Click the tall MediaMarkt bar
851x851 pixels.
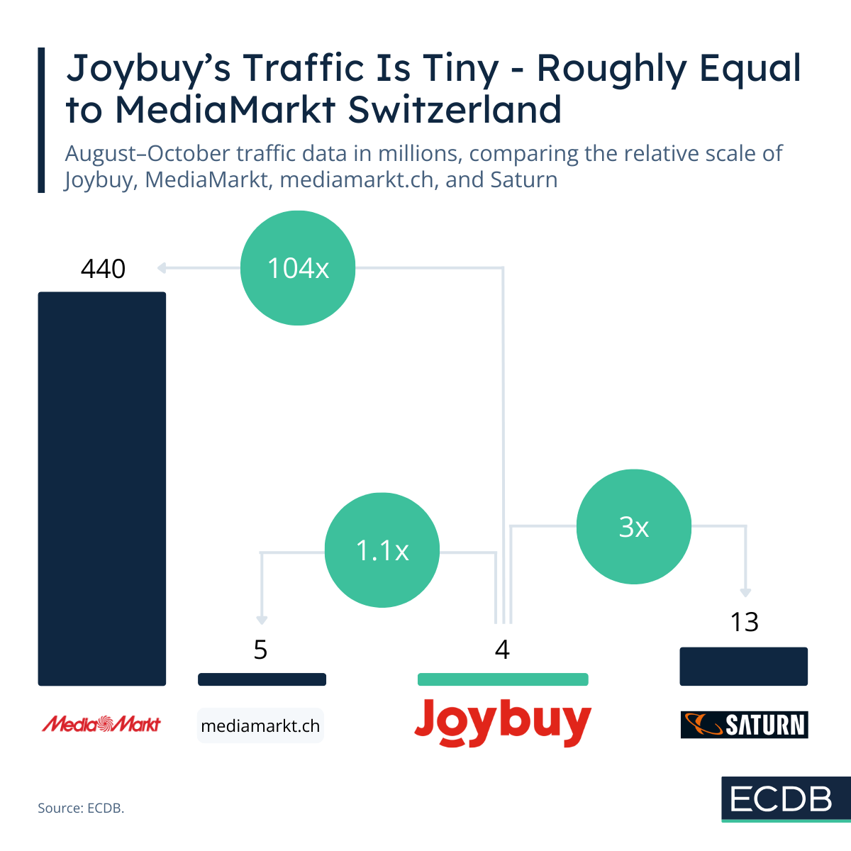tap(101, 489)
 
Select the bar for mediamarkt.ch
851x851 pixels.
tap(262, 679)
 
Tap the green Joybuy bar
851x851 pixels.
tap(503, 679)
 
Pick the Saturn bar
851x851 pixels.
tap(743, 666)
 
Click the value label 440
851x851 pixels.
tap(103, 269)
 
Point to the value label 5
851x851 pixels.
tap(261, 650)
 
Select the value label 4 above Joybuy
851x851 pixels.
tap(502, 650)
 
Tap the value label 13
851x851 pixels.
tap(744, 622)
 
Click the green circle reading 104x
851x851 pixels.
tap(298, 268)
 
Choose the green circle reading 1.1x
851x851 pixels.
tap(382, 550)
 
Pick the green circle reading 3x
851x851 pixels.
tap(633, 527)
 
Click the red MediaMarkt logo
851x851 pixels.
tap(101, 724)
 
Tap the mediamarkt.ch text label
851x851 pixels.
tap(260, 726)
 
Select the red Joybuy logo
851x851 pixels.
tap(502, 723)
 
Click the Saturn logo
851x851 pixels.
tap(744, 725)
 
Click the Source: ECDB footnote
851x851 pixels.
tap(81, 808)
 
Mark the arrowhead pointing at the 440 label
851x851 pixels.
tap(162, 268)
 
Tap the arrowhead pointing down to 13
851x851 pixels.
tap(745, 593)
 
